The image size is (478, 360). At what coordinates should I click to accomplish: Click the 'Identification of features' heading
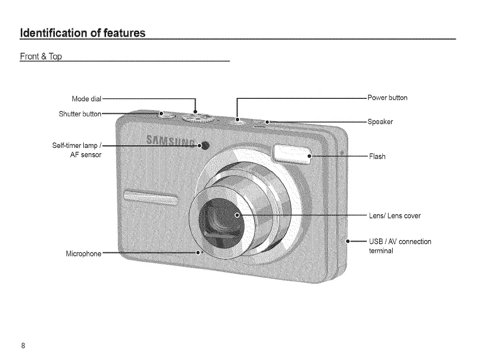point(82,34)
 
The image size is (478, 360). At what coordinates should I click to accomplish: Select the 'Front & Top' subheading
point(41,56)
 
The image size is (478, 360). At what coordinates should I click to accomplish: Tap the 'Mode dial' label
point(87,99)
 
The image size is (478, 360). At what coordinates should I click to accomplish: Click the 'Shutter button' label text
point(80,114)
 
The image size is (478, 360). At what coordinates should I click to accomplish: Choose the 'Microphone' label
point(84,254)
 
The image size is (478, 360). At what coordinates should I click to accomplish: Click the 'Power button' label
point(387,98)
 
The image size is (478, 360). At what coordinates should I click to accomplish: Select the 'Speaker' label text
point(380,122)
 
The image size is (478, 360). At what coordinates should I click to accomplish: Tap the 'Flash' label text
point(377,156)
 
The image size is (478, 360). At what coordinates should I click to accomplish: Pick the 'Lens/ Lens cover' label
point(395,215)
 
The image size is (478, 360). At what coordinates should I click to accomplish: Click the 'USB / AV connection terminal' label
point(399,246)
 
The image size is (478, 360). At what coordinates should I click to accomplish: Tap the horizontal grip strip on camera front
point(150,197)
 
